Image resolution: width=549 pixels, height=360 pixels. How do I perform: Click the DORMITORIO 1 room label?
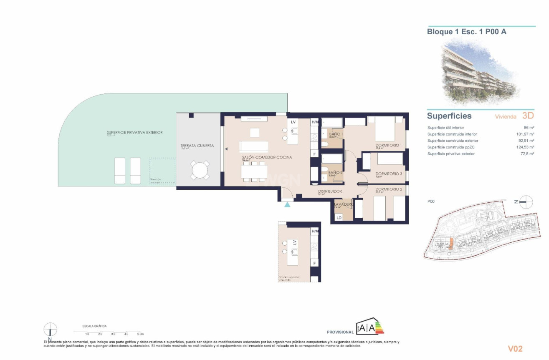click(x=388, y=145)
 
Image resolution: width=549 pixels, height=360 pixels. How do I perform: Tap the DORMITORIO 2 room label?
click(x=388, y=189)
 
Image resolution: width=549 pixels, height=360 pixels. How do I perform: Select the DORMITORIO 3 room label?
click(x=388, y=174)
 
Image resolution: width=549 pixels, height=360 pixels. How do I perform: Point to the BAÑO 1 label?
click(x=336, y=134)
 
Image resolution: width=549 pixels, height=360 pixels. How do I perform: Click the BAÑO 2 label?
click(x=335, y=172)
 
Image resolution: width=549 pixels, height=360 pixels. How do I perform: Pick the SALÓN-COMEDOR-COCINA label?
click(x=267, y=157)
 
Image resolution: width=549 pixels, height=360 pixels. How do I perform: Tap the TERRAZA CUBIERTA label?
click(x=197, y=146)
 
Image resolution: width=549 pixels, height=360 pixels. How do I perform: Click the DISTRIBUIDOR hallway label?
click(x=330, y=191)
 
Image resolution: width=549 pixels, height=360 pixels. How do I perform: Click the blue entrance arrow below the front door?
click(x=287, y=204)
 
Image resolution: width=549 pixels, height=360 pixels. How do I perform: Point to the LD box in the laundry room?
click(x=339, y=217)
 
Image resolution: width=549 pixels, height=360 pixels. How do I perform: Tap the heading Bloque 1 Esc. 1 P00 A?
click(x=467, y=32)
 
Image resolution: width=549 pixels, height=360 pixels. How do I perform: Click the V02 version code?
click(x=515, y=348)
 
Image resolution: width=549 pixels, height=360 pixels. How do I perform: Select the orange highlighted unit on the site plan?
click(x=450, y=243)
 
